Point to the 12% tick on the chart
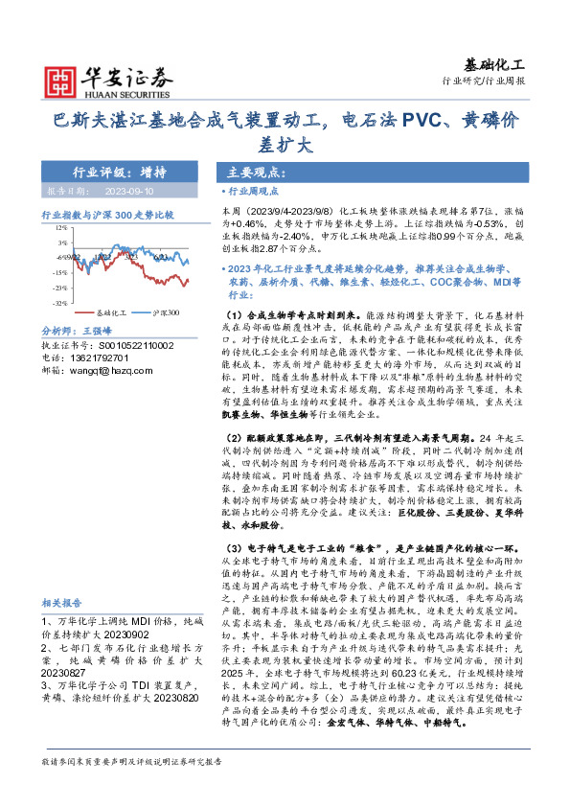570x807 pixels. click(61, 228)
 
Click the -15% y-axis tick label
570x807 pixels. click(60, 272)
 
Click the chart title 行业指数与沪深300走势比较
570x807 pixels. click(107, 215)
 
